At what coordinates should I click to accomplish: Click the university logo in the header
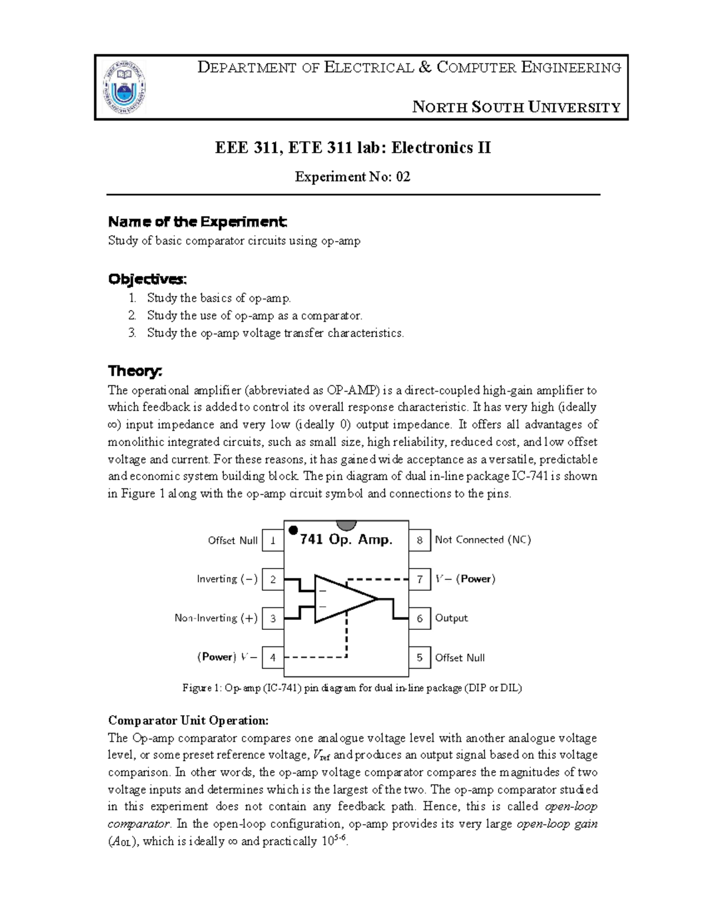coord(125,87)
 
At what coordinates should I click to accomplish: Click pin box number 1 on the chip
coord(273,540)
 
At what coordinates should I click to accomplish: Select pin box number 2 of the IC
coord(273,579)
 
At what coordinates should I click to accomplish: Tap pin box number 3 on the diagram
coord(273,619)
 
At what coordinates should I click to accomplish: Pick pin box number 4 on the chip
coord(273,658)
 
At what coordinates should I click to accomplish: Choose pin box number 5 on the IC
coord(419,658)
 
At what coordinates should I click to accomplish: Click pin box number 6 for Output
coord(419,619)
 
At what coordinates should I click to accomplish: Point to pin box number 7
coord(419,579)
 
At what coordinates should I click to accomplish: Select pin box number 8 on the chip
coord(419,540)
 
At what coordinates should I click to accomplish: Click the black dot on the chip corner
coord(293,530)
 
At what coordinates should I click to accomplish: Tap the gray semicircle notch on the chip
coord(346,525)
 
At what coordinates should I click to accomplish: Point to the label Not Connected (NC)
coord(483,540)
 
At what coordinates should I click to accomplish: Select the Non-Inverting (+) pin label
coord(216,618)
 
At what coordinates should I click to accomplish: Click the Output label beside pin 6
coord(451,618)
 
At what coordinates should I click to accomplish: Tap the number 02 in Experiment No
coord(403,177)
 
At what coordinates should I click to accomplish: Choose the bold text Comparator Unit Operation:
coord(188,721)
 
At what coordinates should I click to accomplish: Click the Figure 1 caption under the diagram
coord(352,688)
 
